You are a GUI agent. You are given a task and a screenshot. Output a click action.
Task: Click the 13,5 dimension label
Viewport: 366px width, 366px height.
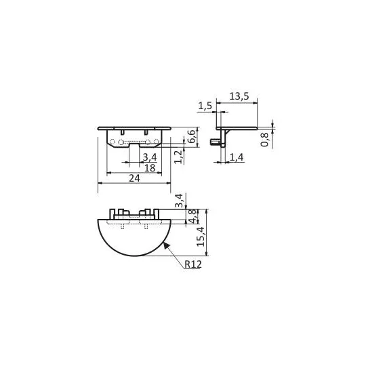239,96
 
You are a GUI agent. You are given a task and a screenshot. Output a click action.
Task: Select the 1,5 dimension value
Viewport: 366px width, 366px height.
205,106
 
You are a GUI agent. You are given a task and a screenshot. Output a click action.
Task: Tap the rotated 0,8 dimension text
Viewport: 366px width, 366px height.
264,140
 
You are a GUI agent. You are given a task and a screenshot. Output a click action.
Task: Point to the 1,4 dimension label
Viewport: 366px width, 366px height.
237,157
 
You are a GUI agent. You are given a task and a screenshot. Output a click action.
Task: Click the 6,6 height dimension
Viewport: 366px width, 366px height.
191,136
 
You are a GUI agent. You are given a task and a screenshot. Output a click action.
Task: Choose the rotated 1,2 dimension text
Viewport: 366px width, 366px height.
178,157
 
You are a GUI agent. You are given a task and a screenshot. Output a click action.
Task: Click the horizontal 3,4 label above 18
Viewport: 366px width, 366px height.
150,157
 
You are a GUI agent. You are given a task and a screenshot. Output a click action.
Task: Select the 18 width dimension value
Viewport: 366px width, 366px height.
150,167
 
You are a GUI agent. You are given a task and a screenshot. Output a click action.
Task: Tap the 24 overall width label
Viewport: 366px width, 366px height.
135,178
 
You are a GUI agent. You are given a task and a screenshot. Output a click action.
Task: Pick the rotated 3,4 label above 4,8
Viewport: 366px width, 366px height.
179,201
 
